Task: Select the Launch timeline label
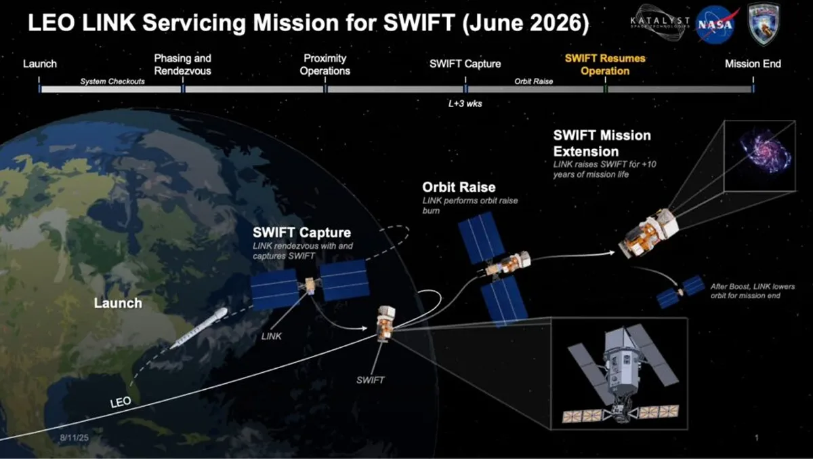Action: pyautogui.click(x=40, y=64)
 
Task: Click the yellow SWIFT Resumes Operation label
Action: pyautogui.click(x=605, y=64)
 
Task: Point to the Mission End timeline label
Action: pyautogui.click(x=753, y=64)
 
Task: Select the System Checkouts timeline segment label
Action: pyautogui.click(x=112, y=81)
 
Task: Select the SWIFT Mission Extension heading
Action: pyautogui.click(x=602, y=143)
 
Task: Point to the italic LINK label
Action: pyautogui.click(x=272, y=336)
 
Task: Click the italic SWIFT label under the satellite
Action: pyautogui.click(x=370, y=380)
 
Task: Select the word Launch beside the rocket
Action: pyautogui.click(x=118, y=303)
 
